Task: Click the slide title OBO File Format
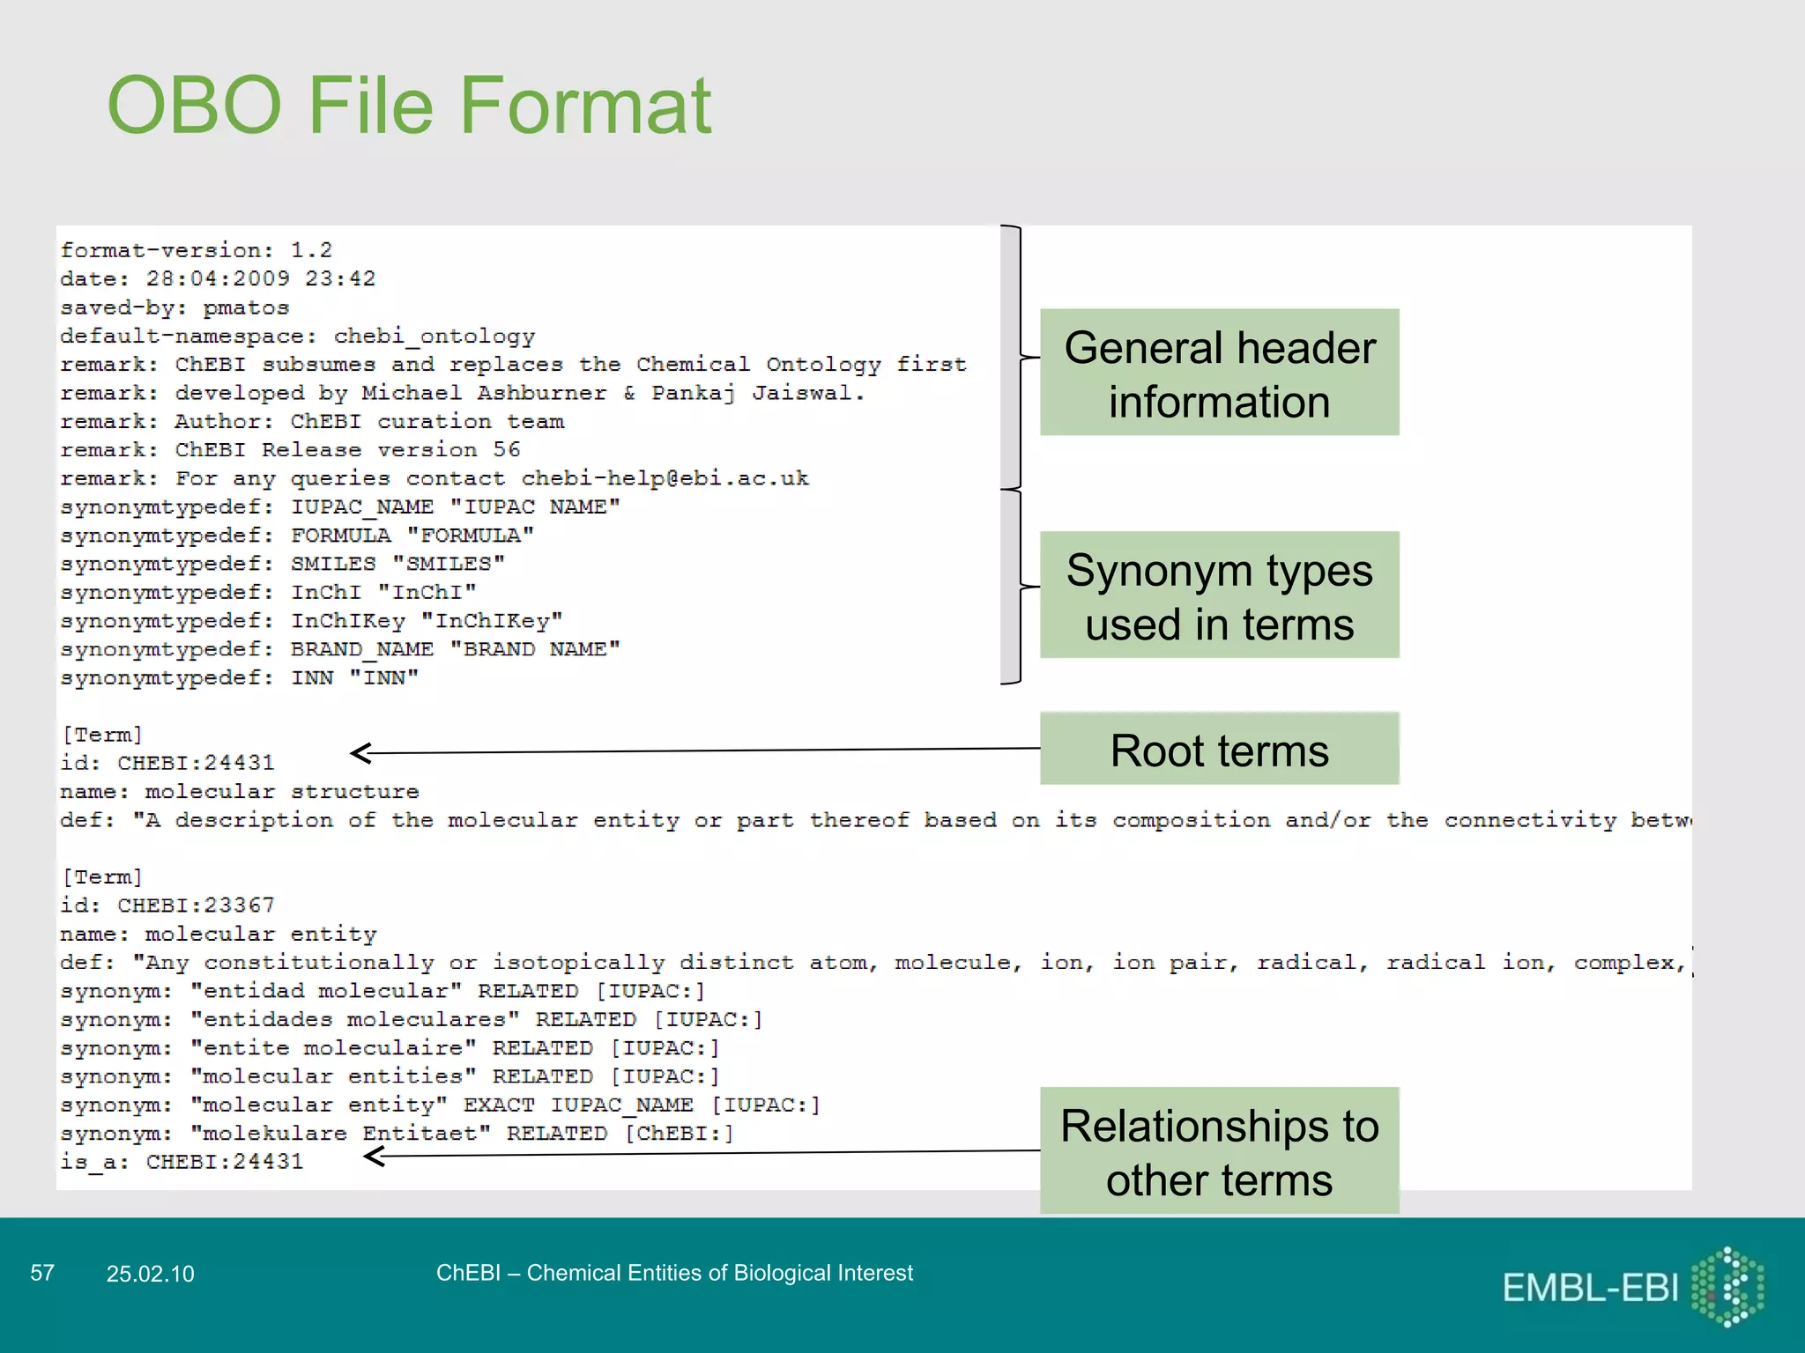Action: click(409, 106)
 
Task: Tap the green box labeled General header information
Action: click(1219, 372)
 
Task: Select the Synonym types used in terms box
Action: click(1219, 595)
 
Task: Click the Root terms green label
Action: click(1219, 750)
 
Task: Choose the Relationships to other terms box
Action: click(1219, 1151)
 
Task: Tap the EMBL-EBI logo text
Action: click(1590, 1288)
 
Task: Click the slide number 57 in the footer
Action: click(42, 1273)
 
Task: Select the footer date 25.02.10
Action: click(150, 1274)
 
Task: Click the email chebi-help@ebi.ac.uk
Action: click(665, 478)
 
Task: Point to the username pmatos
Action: click(246, 307)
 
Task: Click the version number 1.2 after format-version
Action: click(311, 250)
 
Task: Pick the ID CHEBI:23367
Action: click(196, 906)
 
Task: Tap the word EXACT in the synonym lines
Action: click(499, 1105)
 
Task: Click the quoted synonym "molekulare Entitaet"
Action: click(340, 1134)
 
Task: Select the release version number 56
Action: click(506, 450)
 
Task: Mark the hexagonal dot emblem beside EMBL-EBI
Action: click(1727, 1287)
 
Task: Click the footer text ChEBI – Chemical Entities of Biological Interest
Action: click(674, 1273)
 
